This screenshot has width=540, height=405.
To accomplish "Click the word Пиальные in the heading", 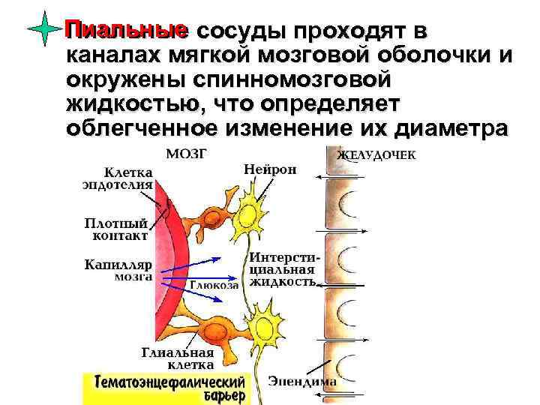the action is (x=126, y=31).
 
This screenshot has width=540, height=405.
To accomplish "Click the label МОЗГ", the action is (x=187, y=154).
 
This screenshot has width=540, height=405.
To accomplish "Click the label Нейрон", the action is (x=270, y=169).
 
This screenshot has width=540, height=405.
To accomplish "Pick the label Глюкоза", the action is (x=214, y=285).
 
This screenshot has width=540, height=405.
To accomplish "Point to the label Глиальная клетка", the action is (x=178, y=358).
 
